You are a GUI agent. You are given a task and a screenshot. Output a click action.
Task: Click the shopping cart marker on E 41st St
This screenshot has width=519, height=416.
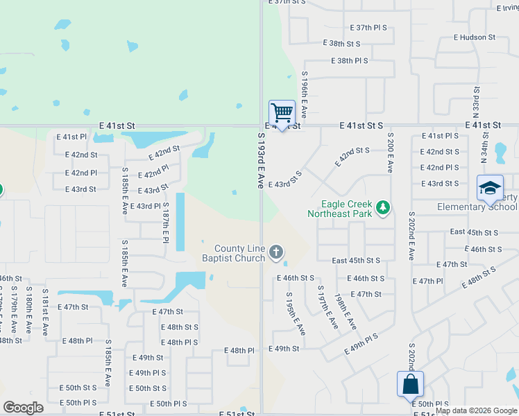(282, 112)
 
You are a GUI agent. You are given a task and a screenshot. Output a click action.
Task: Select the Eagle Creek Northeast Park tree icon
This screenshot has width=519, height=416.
(382, 207)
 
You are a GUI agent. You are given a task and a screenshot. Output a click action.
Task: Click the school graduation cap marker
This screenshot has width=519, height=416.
(490, 187)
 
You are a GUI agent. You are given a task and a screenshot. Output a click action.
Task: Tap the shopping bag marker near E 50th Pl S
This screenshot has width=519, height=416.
(410, 384)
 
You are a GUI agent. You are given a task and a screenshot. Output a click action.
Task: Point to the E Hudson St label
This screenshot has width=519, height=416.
(475, 37)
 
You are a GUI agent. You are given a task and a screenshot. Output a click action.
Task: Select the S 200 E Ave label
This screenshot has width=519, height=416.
(391, 153)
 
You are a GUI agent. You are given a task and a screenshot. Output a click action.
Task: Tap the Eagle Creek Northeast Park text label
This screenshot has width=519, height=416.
(346, 209)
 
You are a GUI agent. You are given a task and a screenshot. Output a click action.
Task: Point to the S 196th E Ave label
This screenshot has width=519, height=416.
(305, 92)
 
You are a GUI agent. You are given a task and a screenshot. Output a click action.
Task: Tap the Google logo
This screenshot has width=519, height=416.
(23, 408)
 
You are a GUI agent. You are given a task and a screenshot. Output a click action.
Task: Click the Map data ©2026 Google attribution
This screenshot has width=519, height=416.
(475, 410)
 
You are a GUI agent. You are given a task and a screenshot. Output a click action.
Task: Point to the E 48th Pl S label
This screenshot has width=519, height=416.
(180, 343)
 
